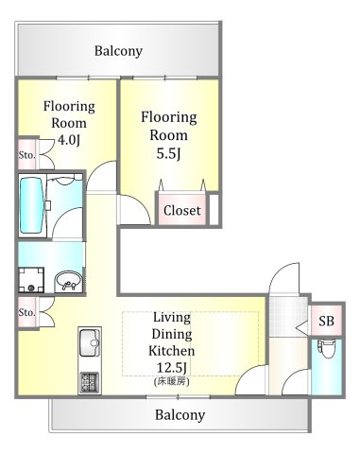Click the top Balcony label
tap(118, 51)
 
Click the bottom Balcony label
tap(180, 415)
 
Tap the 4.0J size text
tap(68, 140)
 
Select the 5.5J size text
tap(169, 153)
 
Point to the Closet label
tap(182, 211)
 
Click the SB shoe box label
tap(326, 321)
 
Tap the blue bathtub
tap(32, 205)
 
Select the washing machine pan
tap(31, 280)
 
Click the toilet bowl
tap(327, 349)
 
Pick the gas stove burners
tap(90, 382)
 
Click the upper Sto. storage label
tap(26, 155)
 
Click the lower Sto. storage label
tap(26, 312)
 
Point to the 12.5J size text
tap(172, 367)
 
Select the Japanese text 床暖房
tap(172, 381)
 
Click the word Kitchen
tap(172, 351)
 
